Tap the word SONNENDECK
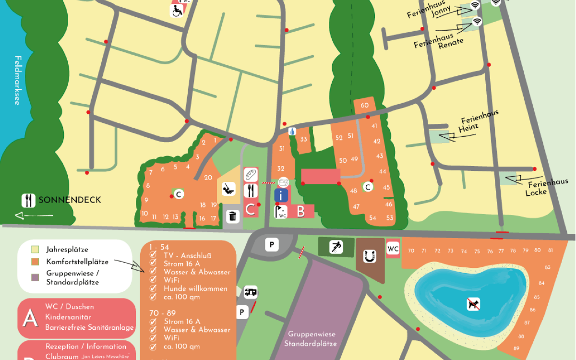click(x=70, y=200)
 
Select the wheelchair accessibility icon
click(x=177, y=11)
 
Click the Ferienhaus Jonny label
click(x=430, y=11)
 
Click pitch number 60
click(x=364, y=106)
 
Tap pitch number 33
click(x=303, y=139)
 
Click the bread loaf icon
click(x=251, y=174)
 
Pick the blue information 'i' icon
click(x=281, y=195)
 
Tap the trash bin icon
click(x=233, y=216)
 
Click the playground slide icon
click(x=228, y=188)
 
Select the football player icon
click(x=336, y=247)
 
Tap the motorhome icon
click(x=251, y=291)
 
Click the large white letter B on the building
click(x=300, y=212)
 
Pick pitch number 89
click(x=516, y=348)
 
